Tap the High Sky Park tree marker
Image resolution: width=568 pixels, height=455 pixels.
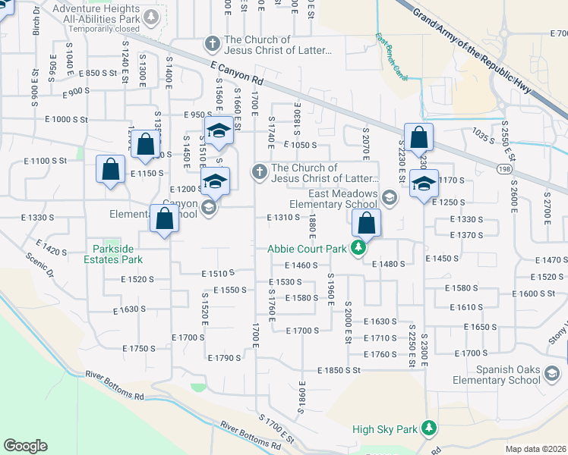430,429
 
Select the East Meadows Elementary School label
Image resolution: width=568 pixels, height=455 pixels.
343,199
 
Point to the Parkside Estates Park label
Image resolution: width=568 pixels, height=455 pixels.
118,254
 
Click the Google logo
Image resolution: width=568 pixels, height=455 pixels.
25,446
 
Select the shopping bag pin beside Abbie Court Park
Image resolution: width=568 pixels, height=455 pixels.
366,223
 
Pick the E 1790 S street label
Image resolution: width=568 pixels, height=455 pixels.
224,357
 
